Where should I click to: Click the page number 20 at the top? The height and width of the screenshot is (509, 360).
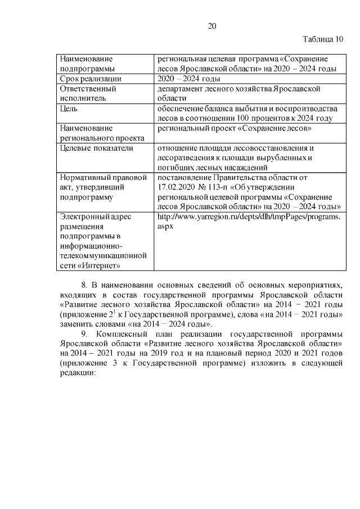pyautogui.click(x=212, y=26)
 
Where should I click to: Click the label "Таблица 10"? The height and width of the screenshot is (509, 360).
pyautogui.click(x=322, y=39)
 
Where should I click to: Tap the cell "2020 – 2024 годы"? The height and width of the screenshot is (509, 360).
pyautogui.click(x=188, y=79)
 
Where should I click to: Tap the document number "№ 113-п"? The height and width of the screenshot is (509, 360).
pyautogui.click(x=220, y=187)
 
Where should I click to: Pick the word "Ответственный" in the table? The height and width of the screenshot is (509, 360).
pyautogui.click(x=88, y=89)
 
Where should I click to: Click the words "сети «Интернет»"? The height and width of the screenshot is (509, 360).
pyautogui.click(x=86, y=265)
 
